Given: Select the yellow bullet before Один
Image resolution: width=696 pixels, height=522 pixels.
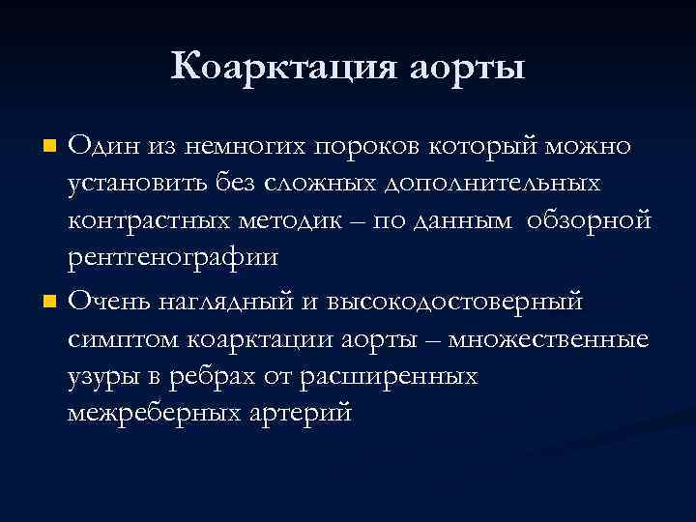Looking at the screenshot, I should click(x=50, y=147).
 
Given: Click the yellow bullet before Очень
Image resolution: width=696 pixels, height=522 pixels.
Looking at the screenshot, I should click(x=50, y=304).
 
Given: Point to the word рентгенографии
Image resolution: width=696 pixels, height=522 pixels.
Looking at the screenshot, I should click(x=173, y=258).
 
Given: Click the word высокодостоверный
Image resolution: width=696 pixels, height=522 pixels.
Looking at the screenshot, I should click(x=455, y=302).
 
